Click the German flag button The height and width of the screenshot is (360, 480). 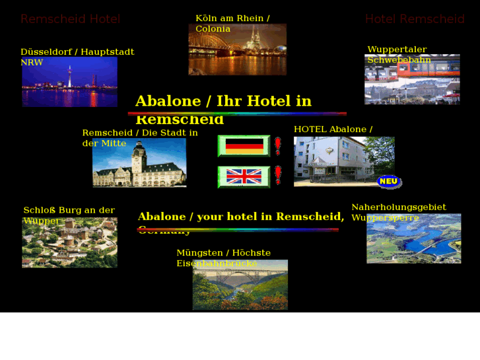pos(244,146)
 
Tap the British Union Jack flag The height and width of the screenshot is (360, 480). pos(244,176)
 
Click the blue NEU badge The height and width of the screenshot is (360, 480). pos(388,181)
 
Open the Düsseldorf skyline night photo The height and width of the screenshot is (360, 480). pos(69,83)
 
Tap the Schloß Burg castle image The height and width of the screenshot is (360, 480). pos(69,244)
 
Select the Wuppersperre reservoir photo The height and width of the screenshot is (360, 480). pos(413,240)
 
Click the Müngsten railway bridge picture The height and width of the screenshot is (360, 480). pos(240,285)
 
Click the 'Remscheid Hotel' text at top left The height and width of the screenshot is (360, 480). pos(70,19)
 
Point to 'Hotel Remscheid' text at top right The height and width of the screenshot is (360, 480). pos(415,19)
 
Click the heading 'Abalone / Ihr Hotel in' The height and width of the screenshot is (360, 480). pos(223,101)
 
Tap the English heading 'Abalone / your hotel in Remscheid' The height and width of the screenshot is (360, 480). pos(240,217)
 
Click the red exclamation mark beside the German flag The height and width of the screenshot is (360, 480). pos(278,146)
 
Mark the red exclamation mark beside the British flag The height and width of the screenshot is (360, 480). pos(278,176)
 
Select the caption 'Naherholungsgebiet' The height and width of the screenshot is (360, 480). pos(398,207)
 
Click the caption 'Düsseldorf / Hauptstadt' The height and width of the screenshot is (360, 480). pos(77,52)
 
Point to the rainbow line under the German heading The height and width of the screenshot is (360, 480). pos(237,114)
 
